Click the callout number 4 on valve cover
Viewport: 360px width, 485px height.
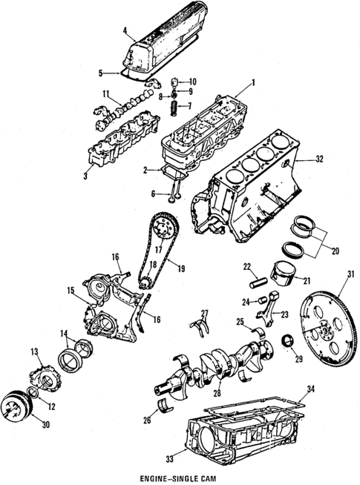pos(126,31)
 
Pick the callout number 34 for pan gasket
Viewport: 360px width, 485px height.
pos(311,389)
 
